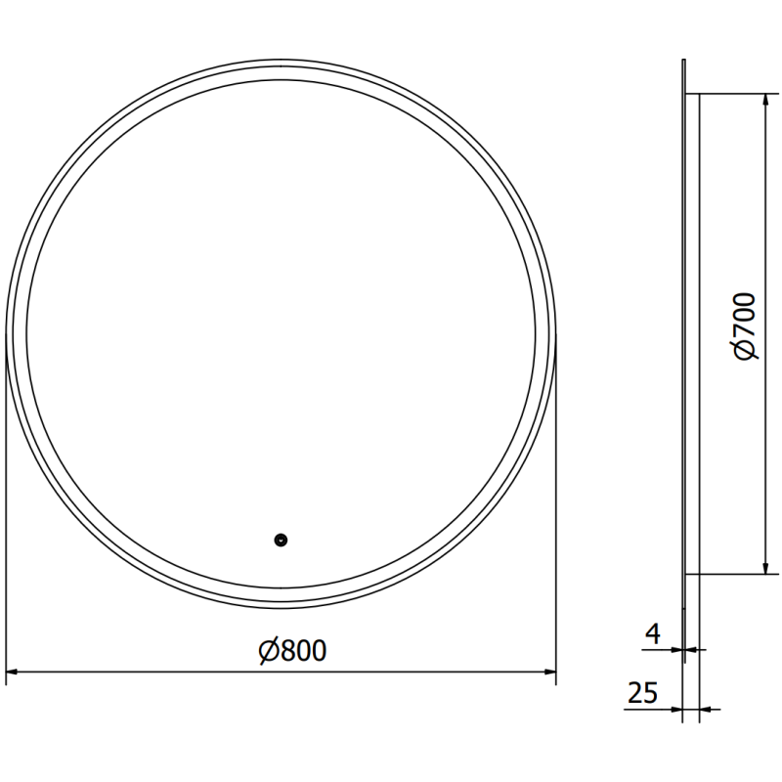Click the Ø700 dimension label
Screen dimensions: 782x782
click(745, 326)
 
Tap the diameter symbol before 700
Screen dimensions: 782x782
click(745, 349)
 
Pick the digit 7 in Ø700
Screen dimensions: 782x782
click(745, 330)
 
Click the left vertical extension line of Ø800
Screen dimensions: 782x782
click(7, 518)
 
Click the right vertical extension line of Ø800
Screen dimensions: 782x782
click(556, 518)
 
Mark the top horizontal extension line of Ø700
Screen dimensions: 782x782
click(733, 94)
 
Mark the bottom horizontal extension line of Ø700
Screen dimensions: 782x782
click(733, 574)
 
